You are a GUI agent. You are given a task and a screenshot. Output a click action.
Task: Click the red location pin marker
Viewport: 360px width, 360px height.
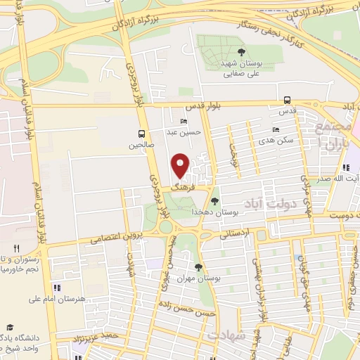(x=181, y=166)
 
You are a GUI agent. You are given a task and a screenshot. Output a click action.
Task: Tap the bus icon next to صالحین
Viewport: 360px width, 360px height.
(x=143, y=134)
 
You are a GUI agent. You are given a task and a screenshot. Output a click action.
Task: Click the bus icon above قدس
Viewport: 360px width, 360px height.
(x=287, y=101)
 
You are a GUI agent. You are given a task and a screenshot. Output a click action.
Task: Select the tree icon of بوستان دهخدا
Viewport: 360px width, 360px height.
(x=224, y=201)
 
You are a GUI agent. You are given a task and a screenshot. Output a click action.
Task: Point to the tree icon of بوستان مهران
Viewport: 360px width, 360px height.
(x=199, y=266)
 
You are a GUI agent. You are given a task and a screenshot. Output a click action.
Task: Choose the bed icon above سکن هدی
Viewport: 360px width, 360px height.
(x=275, y=129)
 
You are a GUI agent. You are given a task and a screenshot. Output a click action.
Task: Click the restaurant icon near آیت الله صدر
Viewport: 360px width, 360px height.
(x=346, y=167)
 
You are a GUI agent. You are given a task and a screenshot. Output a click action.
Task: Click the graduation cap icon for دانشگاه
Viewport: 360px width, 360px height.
(x=10, y=327)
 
